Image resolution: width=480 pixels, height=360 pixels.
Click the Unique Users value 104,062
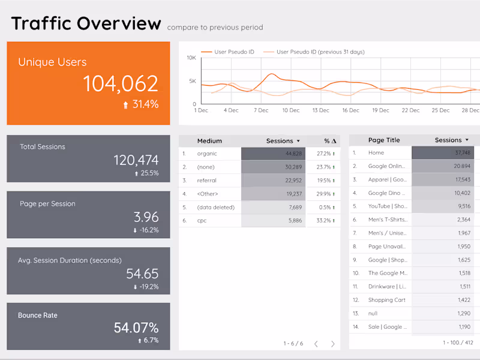click(x=121, y=83)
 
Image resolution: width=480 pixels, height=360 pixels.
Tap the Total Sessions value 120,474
click(x=136, y=160)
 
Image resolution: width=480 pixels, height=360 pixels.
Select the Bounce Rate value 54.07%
click(x=136, y=328)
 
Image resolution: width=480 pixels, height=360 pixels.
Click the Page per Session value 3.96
click(x=146, y=217)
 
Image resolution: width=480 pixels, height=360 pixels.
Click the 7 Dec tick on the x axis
click(x=261, y=110)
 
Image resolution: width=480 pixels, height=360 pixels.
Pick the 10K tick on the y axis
click(x=191, y=58)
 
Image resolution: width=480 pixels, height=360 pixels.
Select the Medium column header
click(x=209, y=141)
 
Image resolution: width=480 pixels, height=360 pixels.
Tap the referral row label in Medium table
click(x=206, y=180)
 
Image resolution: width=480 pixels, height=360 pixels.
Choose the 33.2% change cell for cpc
click(x=326, y=220)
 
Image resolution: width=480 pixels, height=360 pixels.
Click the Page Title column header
click(x=384, y=140)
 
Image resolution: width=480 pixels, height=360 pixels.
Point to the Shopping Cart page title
click(x=386, y=300)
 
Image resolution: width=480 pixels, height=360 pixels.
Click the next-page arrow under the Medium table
click(x=333, y=344)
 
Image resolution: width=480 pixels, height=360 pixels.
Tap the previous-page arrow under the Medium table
click(x=316, y=344)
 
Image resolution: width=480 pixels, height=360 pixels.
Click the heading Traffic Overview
click(x=86, y=23)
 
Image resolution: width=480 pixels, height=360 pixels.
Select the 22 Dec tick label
click(x=410, y=110)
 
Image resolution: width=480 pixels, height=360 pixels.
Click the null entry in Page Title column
click(x=374, y=313)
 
